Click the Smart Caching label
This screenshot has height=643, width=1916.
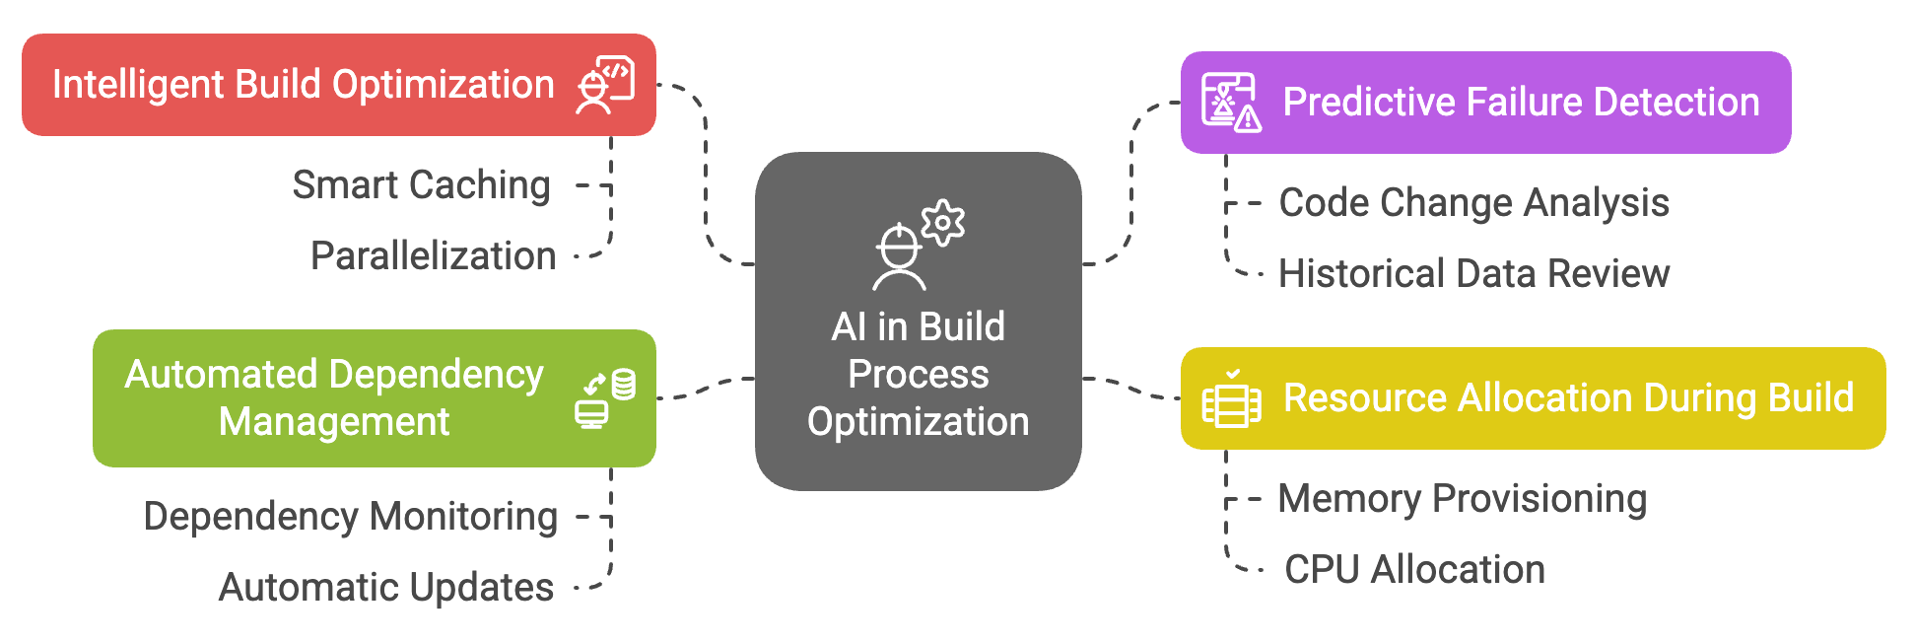pos(421,185)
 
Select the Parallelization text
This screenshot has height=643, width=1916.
pos(433,256)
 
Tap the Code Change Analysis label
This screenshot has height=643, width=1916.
pos(1473,203)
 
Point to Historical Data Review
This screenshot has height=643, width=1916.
pos(1473,274)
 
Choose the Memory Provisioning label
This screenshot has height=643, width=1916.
pos(1462,499)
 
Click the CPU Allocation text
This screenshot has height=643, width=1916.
pos(1414,570)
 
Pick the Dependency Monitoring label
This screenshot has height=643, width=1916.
pos(350,517)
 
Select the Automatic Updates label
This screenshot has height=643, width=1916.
pos(385,588)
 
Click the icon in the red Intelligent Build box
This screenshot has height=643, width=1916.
pos(605,85)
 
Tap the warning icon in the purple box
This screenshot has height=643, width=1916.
pos(1248,119)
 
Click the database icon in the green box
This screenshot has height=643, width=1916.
pos(623,384)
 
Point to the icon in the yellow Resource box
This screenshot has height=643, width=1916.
pos(1231,399)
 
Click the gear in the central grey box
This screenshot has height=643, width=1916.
pos(943,223)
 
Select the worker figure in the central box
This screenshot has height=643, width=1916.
pos(899,258)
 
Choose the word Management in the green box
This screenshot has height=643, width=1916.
pos(333,422)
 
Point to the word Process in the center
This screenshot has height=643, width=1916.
pos(918,375)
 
